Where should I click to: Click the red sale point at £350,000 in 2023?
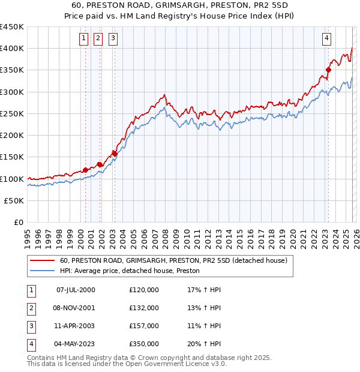coord(329,70)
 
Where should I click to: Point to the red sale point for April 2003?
coord(115,154)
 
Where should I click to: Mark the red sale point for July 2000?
coord(85,170)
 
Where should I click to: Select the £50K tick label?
coord(14,201)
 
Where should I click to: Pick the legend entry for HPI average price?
coord(129,271)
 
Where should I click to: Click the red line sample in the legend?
coord(42,261)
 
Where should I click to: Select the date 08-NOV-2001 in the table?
coord(76,308)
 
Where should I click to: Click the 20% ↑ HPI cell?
coord(204,344)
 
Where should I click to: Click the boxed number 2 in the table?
coord(30,308)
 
